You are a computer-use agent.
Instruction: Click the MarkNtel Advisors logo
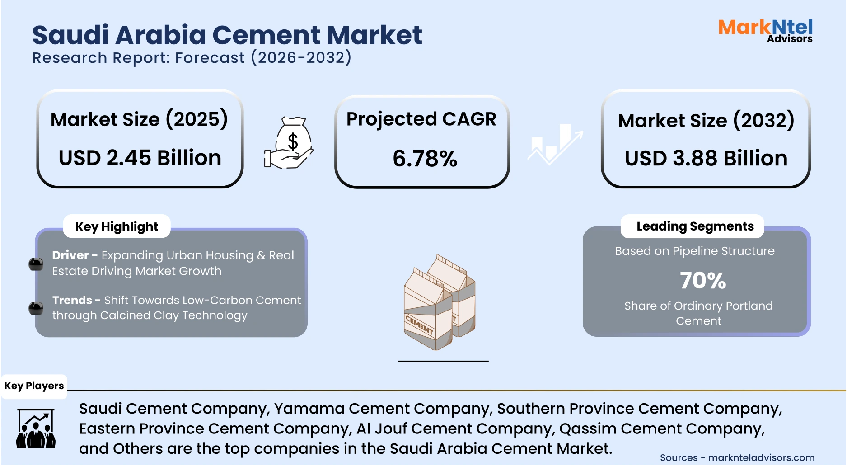click(x=765, y=31)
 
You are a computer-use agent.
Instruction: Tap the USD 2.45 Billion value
click(x=140, y=158)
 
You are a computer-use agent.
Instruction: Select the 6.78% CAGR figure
click(x=425, y=159)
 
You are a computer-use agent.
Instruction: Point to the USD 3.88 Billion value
click(x=706, y=158)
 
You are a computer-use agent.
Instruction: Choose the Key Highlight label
click(x=117, y=226)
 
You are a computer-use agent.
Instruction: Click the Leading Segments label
click(x=695, y=226)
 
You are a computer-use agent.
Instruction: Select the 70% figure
click(x=703, y=280)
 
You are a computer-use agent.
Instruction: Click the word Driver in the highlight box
click(x=70, y=255)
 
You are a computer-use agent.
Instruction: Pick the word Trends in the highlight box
click(x=72, y=300)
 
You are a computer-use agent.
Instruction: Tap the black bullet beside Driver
click(x=36, y=264)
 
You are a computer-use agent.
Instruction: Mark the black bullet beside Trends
click(x=36, y=308)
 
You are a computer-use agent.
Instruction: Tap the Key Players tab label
click(x=34, y=386)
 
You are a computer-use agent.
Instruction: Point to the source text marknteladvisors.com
click(x=761, y=457)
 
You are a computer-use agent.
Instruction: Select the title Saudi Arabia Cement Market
click(x=227, y=35)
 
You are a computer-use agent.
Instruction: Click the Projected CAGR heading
click(x=421, y=119)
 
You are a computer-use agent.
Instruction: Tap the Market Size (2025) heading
click(x=139, y=119)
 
